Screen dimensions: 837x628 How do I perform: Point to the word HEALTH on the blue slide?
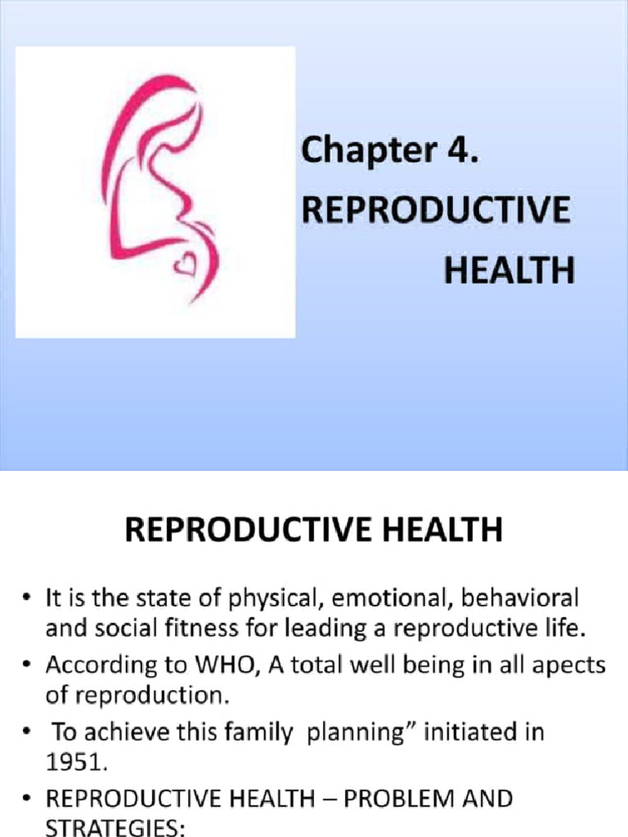[x=509, y=271]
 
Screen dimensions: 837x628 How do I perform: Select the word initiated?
[x=469, y=732]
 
